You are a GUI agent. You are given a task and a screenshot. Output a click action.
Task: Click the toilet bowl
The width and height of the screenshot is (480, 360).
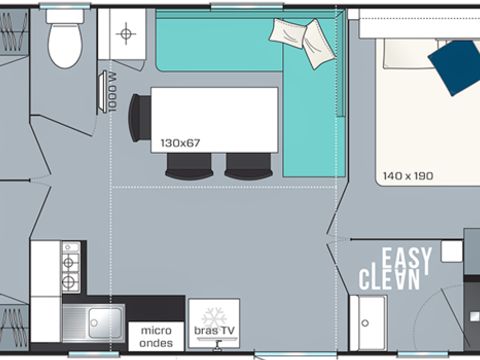(x=65, y=45)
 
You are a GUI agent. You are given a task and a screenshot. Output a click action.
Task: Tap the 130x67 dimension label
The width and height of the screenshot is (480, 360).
(x=180, y=143)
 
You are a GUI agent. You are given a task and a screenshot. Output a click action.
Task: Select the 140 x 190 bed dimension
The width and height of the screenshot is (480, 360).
(x=408, y=176)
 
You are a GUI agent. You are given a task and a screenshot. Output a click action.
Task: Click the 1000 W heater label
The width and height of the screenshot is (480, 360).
(x=113, y=92)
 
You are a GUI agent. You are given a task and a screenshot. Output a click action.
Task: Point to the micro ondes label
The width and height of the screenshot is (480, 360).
(x=156, y=337)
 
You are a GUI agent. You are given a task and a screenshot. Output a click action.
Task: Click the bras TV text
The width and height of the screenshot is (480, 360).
(x=214, y=330)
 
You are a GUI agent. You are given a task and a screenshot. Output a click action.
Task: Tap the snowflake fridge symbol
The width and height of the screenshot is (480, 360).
(x=214, y=317)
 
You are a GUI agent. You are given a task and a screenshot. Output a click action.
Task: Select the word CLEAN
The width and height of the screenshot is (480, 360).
(x=389, y=279)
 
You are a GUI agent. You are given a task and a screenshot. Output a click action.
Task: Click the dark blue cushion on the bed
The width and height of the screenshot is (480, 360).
(x=455, y=67)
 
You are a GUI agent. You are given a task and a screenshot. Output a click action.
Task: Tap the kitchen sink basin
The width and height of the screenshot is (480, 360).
(x=105, y=322)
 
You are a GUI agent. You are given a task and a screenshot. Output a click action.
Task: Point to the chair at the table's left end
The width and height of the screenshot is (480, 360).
(x=139, y=118)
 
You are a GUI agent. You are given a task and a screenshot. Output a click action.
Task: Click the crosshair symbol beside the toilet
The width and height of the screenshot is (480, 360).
(x=126, y=33)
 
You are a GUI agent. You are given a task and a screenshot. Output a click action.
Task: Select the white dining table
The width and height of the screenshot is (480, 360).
(x=214, y=120)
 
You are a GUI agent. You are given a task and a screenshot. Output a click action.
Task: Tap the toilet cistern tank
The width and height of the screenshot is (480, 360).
(x=65, y=16)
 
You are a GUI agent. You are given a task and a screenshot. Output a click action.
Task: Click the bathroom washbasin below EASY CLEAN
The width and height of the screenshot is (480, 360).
(x=368, y=323)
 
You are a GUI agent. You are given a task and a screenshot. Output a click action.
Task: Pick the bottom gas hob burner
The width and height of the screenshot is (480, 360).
(x=69, y=282)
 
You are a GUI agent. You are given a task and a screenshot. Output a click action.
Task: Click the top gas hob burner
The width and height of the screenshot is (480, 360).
(x=69, y=262)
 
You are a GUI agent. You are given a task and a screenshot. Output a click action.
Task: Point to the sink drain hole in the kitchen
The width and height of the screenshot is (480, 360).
(x=94, y=323)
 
